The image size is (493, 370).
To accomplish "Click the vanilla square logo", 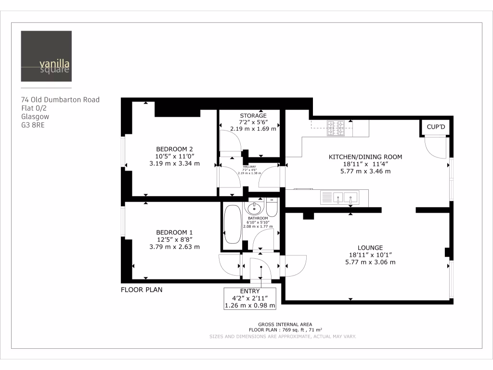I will [46, 56].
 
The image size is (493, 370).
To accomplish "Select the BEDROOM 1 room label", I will [174, 232].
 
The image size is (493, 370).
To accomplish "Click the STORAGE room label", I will [253, 116].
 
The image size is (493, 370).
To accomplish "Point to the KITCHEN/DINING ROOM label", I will [365, 157].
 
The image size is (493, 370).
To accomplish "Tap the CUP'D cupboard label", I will [437, 127].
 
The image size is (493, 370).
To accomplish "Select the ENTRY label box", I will [250, 298].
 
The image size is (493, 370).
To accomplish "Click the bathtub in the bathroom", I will [233, 225].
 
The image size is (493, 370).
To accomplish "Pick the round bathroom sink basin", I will [253, 209].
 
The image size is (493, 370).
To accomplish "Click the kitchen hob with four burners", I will [336, 128].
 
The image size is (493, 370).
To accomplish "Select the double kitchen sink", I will [345, 197].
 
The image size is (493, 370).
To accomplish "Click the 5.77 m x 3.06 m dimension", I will [370, 262].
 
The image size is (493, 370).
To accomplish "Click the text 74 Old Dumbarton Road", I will [60, 100].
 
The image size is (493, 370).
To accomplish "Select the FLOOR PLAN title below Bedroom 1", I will [141, 290].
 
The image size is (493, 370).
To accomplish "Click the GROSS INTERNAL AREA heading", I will [285, 324].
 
